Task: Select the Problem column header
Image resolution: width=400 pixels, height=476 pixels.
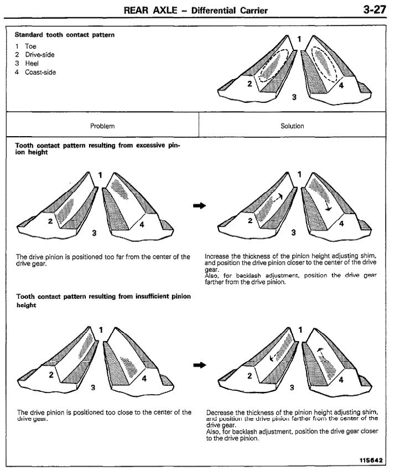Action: [102, 126]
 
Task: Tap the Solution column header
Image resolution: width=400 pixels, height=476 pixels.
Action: [292, 126]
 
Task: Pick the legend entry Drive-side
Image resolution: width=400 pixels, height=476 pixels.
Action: [39, 55]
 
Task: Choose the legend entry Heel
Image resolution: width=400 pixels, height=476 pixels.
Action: [32, 63]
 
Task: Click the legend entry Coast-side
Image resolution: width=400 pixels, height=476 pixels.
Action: [40, 72]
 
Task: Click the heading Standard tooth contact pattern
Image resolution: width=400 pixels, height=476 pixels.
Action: [65, 34]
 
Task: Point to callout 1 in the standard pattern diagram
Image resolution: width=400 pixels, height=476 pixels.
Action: [299, 39]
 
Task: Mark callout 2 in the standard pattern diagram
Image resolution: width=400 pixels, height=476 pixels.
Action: [250, 84]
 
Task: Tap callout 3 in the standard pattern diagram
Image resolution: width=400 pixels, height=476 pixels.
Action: [294, 97]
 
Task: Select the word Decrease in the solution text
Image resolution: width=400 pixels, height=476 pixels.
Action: [220, 412]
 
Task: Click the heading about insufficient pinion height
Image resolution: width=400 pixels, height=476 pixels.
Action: [103, 301]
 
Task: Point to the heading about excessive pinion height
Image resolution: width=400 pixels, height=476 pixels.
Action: [98, 148]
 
